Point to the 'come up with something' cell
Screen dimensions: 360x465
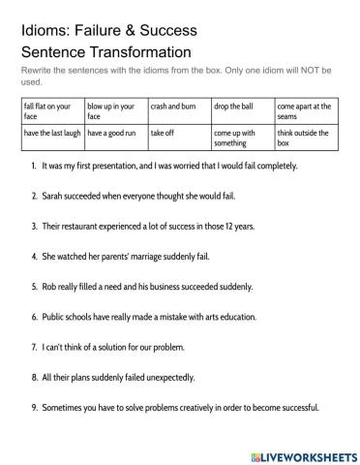click(x=242, y=138)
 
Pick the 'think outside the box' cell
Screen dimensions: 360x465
click(x=307, y=138)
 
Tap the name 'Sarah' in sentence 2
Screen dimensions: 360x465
click(x=54, y=195)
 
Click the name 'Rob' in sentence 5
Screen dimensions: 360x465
click(x=51, y=286)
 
